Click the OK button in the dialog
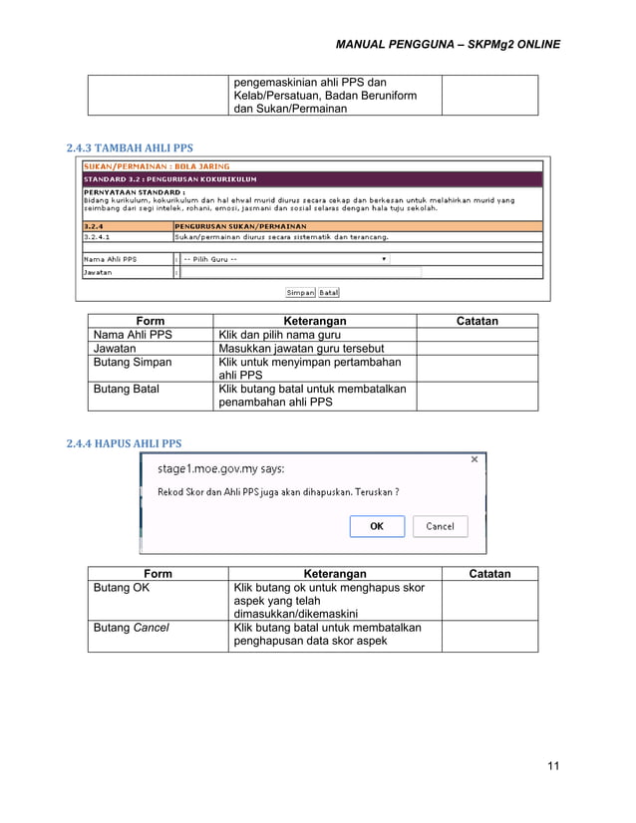pos(377,526)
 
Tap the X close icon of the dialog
pos(475,459)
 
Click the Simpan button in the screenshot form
pos(300,293)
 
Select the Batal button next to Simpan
pos(329,293)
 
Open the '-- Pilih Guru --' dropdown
pos(285,259)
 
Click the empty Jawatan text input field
pos(300,272)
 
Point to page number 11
pos(553,765)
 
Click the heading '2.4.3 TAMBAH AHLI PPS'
pos(130,149)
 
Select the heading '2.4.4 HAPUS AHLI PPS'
pos(124,443)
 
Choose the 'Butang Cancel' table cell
pos(131,628)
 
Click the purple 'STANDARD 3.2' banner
pos(312,178)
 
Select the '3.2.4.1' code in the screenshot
pos(98,237)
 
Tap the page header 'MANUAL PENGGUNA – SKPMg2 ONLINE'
pos(448,45)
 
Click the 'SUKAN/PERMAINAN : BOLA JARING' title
pos(157,166)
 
